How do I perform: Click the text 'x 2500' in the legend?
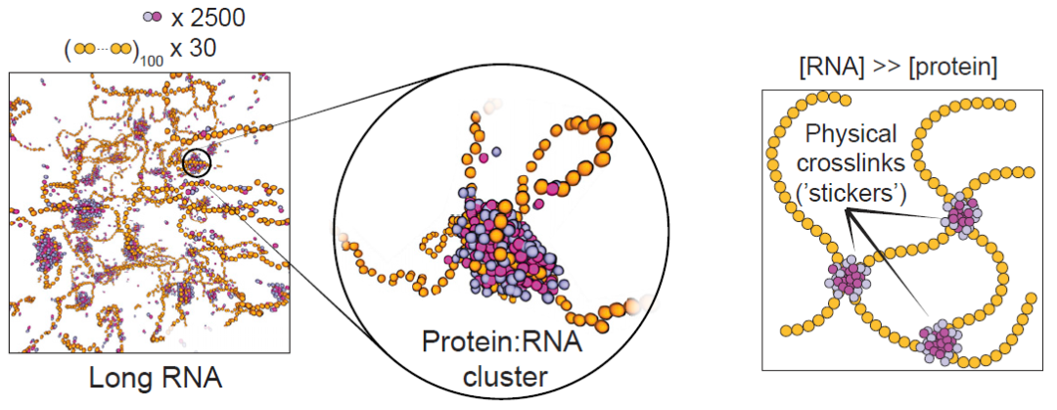pos(208,19)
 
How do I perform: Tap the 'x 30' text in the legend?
pos(192,49)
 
